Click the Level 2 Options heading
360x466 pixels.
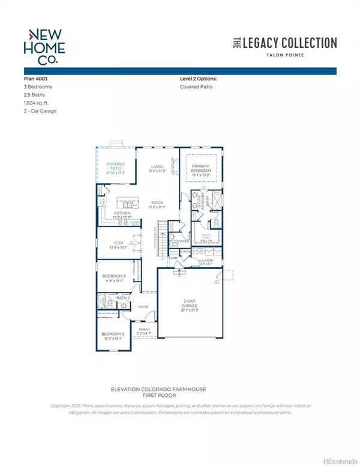pyautogui.click(x=199, y=79)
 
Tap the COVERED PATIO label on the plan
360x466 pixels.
pyautogui.click(x=115, y=165)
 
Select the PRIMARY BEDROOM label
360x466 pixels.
pyautogui.click(x=202, y=168)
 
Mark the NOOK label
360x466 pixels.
pyautogui.click(x=157, y=203)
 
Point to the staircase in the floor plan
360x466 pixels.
pyautogui.click(x=161, y=235)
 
